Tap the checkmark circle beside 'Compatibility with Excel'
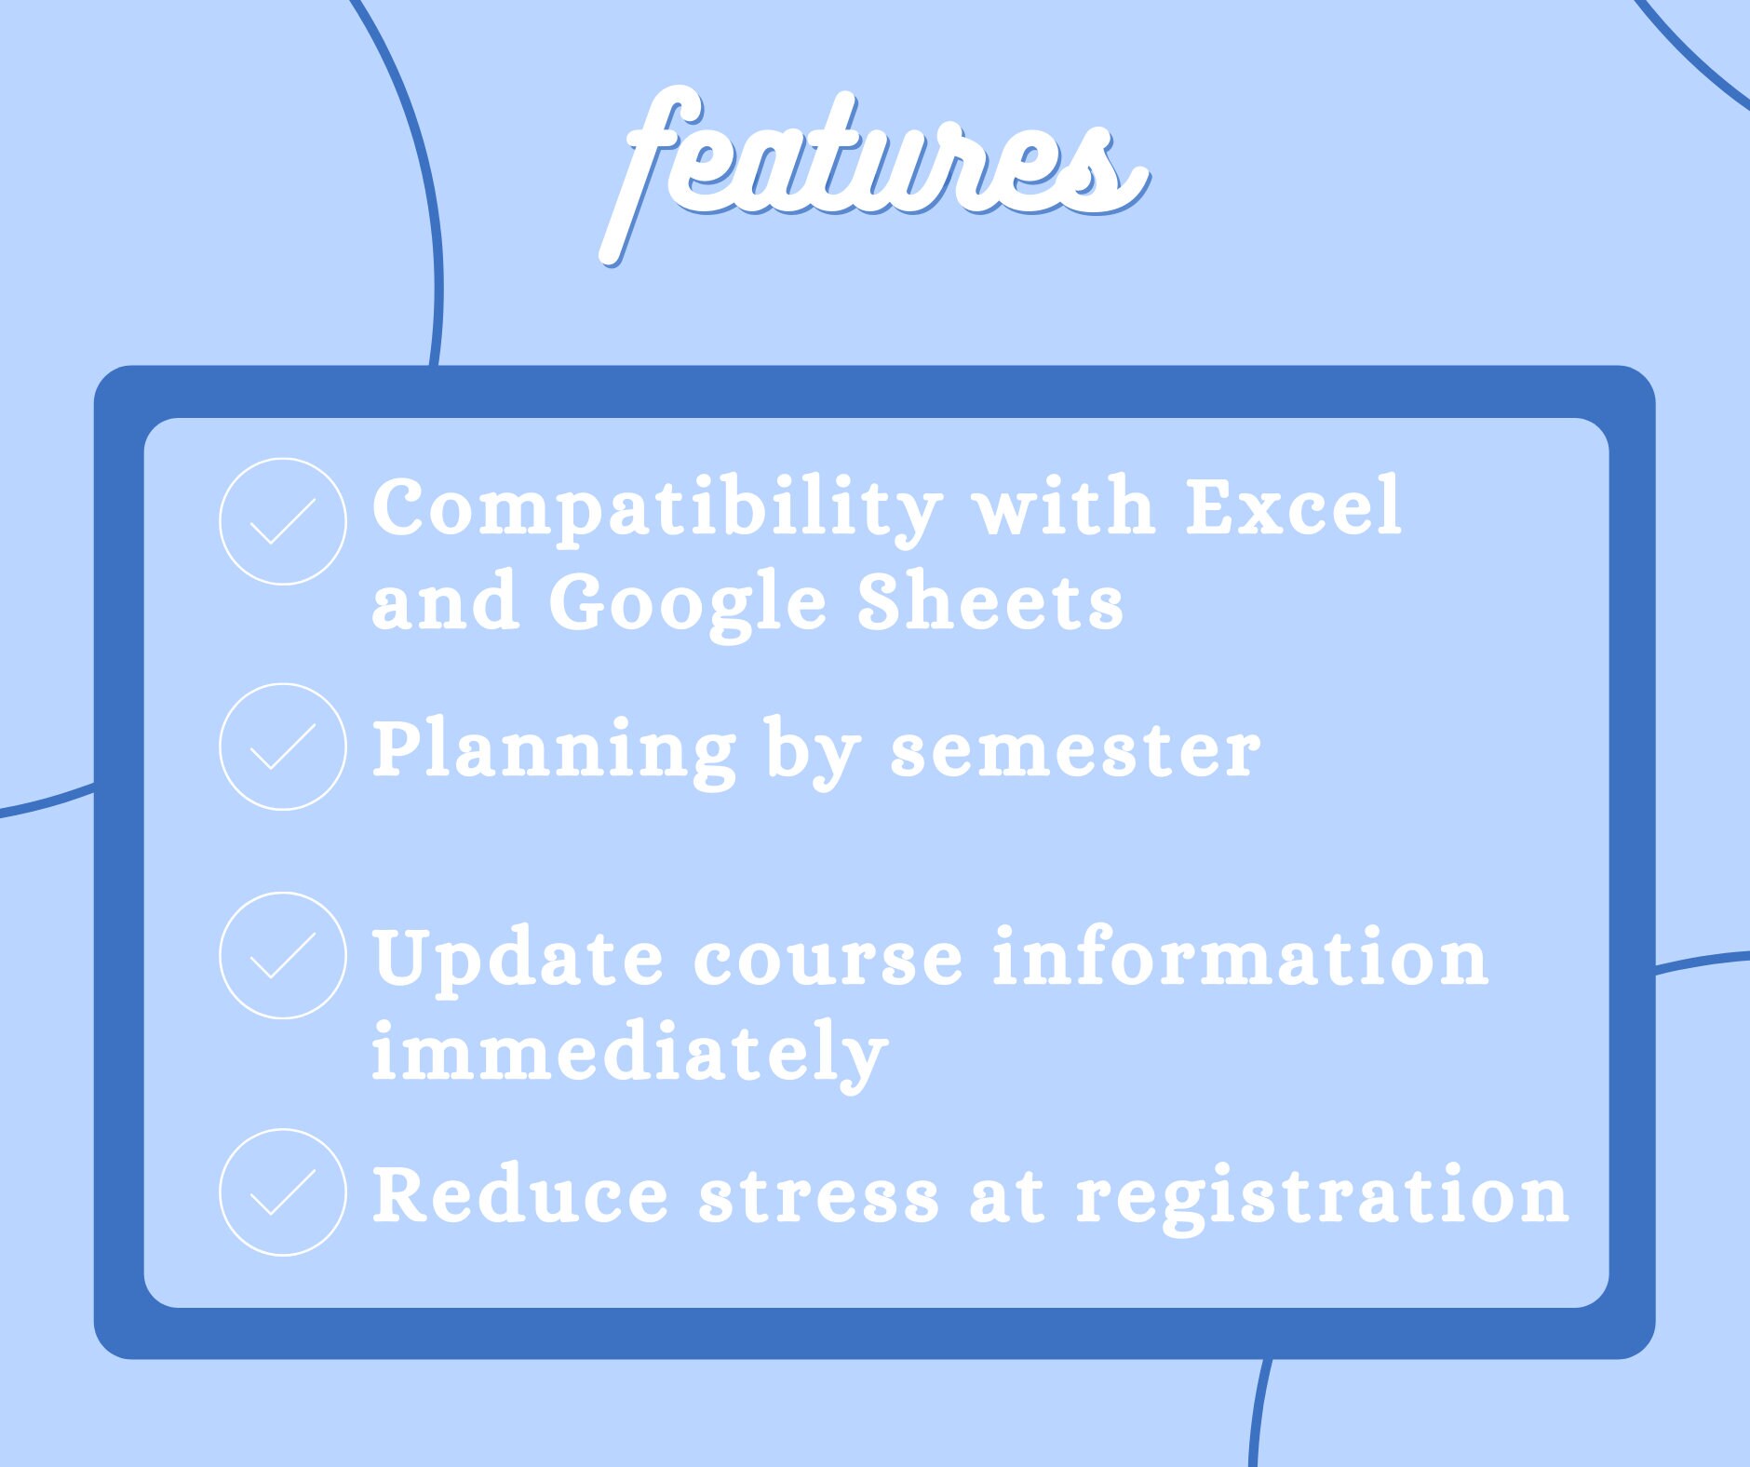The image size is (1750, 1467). pyautogui.click(x=283, y=521)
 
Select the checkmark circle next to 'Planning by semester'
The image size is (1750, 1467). pyautogui.click(x=283, y=747)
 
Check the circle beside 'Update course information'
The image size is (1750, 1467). pyautogui.click(x=283, y=955)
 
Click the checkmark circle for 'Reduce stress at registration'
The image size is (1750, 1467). pyautogui.click(x=283, y=1192)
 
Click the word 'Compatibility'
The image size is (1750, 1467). pyautogui.click(x=657, y=507)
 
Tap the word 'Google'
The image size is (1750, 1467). pyautogui.click(x=688, y=602)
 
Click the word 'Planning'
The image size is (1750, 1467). pyautogui.click(x=555, y=750)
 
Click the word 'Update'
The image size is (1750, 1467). pyautogui.click(x=518, y=959)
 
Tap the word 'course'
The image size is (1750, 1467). pyautogui.click(x=828, y=959)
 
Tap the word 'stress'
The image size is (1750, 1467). pyautogui.click(x=819, y=1196)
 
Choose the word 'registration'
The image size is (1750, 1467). pyautogui.click(x=1323, y=1196)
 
